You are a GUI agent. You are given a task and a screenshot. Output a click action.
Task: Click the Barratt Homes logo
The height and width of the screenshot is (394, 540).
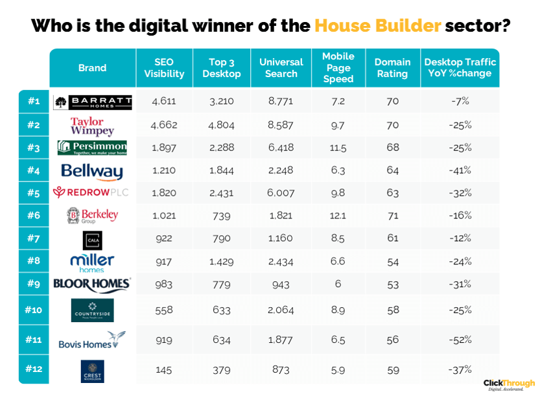[93, 102]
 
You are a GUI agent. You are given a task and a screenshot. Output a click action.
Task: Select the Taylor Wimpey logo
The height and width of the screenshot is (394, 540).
[92, 125]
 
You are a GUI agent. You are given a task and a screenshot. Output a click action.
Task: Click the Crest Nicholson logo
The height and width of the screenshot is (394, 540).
[92, 371]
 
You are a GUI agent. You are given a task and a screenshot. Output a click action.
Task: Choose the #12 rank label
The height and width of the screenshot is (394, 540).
[34, 369]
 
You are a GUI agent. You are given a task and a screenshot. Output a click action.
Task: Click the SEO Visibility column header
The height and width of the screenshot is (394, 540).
[164, 68]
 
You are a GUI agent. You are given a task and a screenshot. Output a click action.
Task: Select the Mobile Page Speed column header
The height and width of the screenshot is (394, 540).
[338, 68]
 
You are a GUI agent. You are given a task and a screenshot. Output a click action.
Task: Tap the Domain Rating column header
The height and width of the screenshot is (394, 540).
[392, 68]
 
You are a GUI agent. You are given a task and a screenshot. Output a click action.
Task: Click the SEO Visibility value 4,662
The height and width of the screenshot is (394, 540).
[164, 125]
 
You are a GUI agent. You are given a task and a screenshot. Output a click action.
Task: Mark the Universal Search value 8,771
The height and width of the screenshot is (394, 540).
[280, 102]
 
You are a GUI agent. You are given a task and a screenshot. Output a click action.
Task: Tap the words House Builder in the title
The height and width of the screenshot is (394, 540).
[378, 26]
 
